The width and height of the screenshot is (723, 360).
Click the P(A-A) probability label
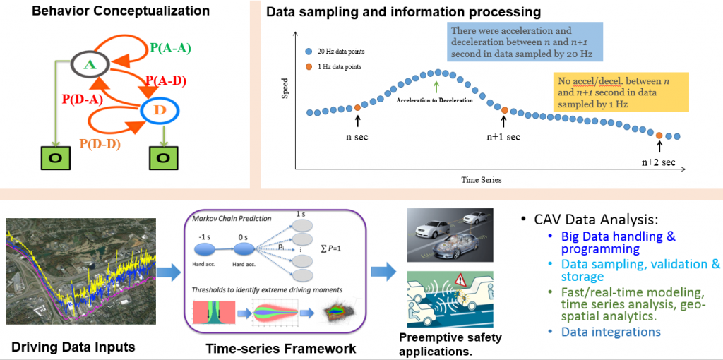coord(170,48)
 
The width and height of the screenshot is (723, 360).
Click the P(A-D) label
coord(165,80)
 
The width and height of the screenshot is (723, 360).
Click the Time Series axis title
coord(481,180)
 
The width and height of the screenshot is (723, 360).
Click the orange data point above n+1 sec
coord(504,109)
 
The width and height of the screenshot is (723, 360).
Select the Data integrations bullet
coord(611,331)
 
